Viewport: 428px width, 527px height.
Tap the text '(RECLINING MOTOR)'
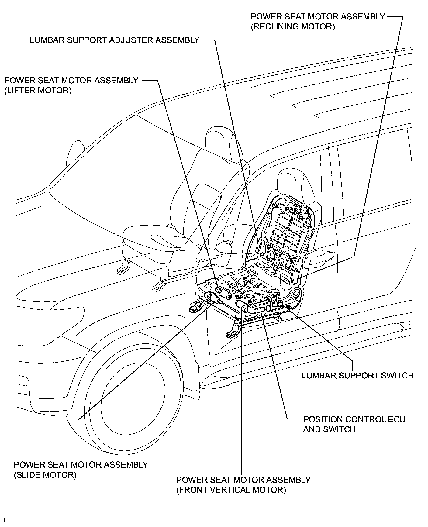pyautogui.click(x=293, y=27)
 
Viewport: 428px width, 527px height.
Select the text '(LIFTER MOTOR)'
pyautogui.click(x=38, y=91)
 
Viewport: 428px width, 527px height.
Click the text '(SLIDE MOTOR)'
pyautogui.click(x=45, y=475)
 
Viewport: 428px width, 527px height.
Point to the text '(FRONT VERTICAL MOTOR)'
pyautogui.click(x=231, y=490)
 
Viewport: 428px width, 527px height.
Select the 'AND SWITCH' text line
pyautogui.click(x=329, y=429)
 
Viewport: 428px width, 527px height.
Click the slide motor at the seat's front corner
pyautogui.click(x=213, y=300)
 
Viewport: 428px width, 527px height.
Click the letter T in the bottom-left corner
pyautogui.click(x=4, y=519)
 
